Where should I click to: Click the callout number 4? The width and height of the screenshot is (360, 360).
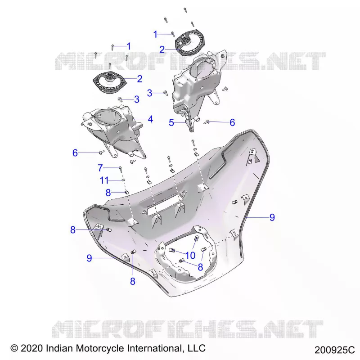click(150, 119)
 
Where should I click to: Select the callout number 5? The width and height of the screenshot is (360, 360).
click(171, 122)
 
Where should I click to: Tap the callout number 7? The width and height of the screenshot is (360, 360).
click(100, 168)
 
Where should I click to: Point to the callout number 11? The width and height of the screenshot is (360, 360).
click(104, 180)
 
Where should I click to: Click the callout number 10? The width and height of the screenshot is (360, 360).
click(190, 255)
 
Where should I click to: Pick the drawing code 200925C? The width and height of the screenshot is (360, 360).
click(334, 350)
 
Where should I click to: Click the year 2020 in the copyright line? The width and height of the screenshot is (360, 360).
click(32, 348)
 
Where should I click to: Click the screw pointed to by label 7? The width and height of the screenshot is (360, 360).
click(120, 170)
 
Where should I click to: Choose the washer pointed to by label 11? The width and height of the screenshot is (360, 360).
click(123, 180)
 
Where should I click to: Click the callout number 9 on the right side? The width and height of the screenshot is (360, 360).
click(272, 217)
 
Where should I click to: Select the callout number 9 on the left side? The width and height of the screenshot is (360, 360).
click(89, 258)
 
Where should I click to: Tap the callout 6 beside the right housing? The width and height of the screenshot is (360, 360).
click(232, 122)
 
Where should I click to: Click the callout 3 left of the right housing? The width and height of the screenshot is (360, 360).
click(150, 93)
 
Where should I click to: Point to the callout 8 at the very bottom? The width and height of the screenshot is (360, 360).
click(133, 281)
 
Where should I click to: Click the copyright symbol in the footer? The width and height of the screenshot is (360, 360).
click(14, 348)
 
